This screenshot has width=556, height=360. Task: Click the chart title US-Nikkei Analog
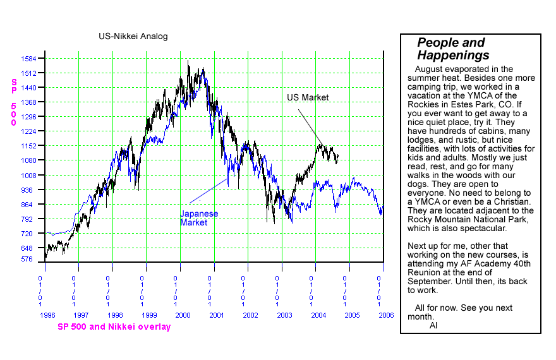[x=133, y=36]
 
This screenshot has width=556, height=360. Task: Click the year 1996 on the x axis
[x=48, y=314]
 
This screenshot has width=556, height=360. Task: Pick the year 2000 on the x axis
[x=183, y=314]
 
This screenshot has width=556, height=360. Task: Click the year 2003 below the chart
[x=284, y=314]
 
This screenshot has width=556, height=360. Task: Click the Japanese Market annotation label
[x=198, y=218]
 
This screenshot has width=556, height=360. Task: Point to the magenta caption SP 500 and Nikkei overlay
[x=114, y=327]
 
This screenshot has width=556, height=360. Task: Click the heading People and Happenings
[x=452, y=49]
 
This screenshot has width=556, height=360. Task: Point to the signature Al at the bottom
[x=433, y=325]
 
